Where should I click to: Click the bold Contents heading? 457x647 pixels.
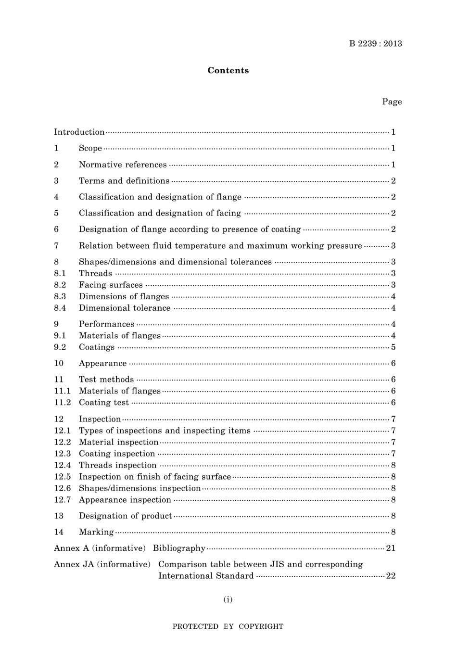coord(228,70)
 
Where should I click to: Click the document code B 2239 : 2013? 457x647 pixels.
coord(375,44)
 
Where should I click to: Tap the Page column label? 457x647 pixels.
coord(392,101)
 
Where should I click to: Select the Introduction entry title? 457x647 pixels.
coord(79,132)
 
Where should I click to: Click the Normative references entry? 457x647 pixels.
coord(123,165)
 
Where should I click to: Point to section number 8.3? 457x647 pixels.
coord(60,296)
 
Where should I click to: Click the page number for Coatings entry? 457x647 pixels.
coord(393,347)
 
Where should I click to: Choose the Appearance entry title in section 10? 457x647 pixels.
coord(102,364)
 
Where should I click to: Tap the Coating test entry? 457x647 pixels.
coord(104,403)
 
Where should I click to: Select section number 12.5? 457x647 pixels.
coord(62,477)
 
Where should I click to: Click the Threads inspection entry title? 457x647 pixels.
coord(117,465)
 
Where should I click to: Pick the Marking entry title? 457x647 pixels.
coord(96,532)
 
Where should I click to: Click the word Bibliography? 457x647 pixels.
coord(179,548)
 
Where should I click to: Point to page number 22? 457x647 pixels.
coord(391,576)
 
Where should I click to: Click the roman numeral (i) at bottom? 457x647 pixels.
coord(228,599)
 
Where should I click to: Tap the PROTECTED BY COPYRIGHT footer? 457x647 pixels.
coord(228,626)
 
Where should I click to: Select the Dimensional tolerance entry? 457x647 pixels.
coord(125,308)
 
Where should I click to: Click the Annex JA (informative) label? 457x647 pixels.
coord(102,564)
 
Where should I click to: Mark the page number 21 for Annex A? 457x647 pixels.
coord(391,548)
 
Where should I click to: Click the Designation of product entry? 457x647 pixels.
coord(125,516)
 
